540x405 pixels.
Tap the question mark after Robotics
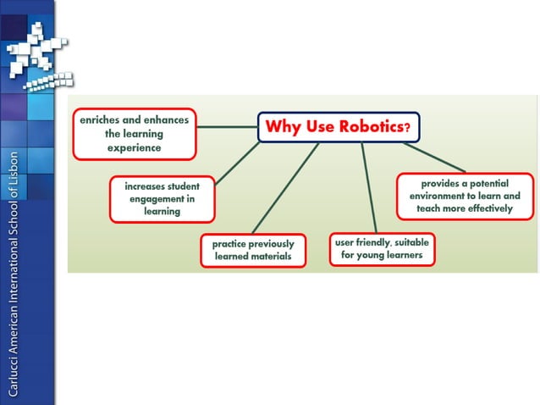[407, 129]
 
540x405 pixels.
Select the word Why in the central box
[281, 127]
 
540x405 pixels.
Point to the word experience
[134, 147]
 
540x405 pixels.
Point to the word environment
[440, 196]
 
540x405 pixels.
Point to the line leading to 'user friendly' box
[368, 186]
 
